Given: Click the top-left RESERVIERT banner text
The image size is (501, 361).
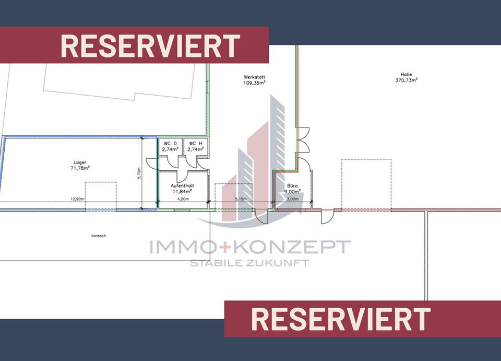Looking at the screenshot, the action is coord(150,46).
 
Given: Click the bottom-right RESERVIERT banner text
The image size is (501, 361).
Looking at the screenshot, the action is coord(341,319).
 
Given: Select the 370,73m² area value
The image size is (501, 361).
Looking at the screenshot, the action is coord(407,80).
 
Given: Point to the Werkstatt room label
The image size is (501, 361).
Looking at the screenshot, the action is coord(254,76).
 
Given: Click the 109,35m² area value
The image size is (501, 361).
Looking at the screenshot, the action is coord(254,83).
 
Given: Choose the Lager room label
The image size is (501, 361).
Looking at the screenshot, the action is coord(80,162).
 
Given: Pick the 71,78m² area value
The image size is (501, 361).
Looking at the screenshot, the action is coord(80,168).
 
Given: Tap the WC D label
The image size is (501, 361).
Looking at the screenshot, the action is coord(170,143).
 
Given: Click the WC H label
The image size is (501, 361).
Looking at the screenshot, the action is coord(196,143).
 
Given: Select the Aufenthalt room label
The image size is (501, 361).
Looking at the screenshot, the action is coord(183,185).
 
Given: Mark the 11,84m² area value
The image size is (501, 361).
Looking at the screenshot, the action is coord(183,191).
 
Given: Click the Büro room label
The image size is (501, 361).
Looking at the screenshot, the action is coord(292,185).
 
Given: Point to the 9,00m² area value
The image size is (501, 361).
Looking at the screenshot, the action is coord(292,191).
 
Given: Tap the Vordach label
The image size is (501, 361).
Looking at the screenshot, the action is coord(98,236).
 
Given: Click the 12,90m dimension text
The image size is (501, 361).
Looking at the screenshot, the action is coord(78,199).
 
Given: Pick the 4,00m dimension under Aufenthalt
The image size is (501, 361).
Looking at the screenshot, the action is coord(183,199).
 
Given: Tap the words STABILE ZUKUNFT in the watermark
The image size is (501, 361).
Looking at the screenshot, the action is coord(249,263).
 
